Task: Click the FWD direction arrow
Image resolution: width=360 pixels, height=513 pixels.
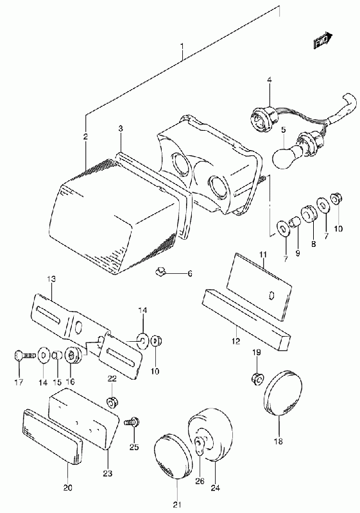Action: pyautogui.click(x=323, y=40)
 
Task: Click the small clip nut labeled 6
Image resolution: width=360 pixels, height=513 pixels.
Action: pyautogui.click(x=160, y=271)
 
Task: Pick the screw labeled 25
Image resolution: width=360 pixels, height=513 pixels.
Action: pyautogui.click(x=133, y=423)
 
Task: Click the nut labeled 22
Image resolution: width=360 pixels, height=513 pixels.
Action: pyautogui.click(x=113, y=402)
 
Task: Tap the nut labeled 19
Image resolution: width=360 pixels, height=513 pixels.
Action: pyautogui.click(x=257, y=379)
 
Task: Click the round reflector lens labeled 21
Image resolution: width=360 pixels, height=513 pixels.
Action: pyautogui.click(x=173, y=456)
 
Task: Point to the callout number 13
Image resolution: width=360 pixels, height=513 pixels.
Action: pyautogui.click(x=51, y=279)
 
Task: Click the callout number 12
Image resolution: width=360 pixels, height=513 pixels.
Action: pyautogui.click(x=236, y=342)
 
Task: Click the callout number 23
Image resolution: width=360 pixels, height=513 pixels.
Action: pyautogui.click(x=107, y=473)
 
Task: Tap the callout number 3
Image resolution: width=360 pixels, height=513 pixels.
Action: pyautogui.click(x=121, y=129)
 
